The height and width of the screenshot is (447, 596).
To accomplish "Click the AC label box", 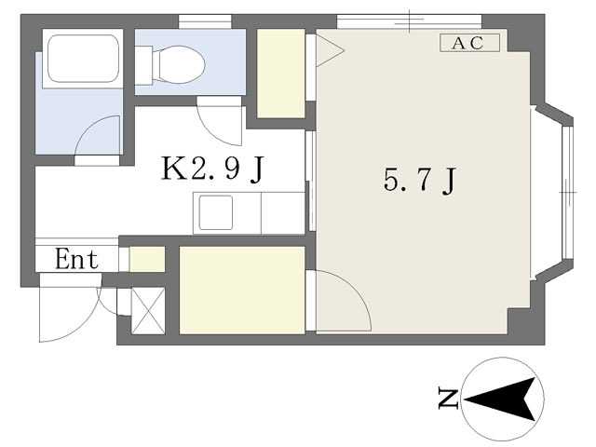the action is (469, 43).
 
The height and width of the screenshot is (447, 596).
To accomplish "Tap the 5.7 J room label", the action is (419, 180).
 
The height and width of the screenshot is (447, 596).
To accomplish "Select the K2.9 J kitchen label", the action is (212, 169).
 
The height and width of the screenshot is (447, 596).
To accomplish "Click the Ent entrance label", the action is (76, 259).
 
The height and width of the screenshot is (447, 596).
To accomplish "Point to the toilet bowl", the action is (178, 64).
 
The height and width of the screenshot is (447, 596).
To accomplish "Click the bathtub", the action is (83, 59).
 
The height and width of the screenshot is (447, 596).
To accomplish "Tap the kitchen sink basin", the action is (215, 212).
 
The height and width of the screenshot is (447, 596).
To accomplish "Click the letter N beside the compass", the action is (449, 398).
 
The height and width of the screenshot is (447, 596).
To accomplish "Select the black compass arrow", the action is (500, 400).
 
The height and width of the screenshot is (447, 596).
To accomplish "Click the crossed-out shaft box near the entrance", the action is (148, 311).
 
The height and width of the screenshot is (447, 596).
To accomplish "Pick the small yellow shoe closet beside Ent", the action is (147, 259).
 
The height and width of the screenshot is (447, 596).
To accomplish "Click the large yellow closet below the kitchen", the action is (242, 291).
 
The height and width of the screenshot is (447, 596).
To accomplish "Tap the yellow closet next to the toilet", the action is (281, 74).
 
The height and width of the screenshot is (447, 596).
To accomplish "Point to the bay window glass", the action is (567, 192).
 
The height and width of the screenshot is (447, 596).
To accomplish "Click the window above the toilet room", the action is (205, 21).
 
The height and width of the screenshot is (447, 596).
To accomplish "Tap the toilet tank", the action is (143, 65).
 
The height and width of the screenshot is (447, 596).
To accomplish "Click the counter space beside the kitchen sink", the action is (283, 213).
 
